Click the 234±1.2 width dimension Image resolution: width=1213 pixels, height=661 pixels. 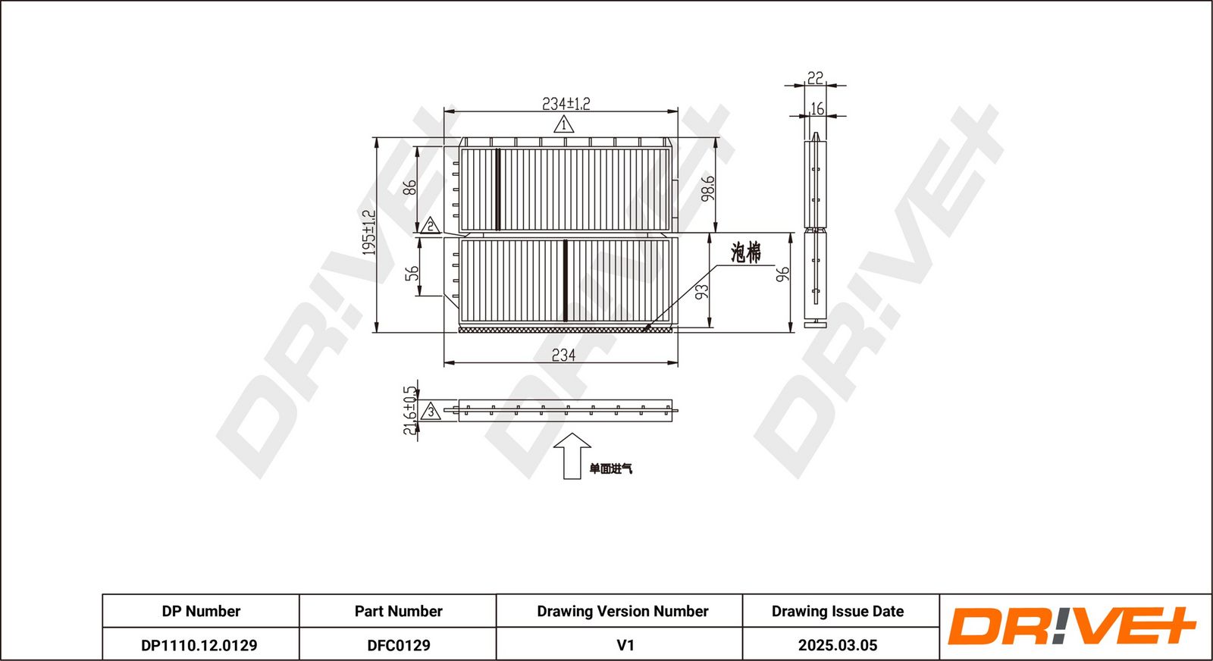point(566,103)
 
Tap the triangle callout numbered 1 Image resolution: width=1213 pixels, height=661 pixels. point(564,125)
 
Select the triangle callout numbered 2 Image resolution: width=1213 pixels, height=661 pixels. point(431,225)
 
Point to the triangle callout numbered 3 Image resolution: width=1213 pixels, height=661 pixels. point(431,412)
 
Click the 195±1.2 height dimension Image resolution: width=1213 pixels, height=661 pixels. point(368,233)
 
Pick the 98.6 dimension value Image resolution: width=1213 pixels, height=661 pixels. point(708,189)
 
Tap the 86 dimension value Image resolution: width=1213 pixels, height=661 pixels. point(410,187)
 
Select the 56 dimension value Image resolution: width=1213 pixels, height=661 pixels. point(412,273)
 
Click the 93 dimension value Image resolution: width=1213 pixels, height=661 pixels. point(701,292)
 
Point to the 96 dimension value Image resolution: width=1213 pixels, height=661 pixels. point(782,274)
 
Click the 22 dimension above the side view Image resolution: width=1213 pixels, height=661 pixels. point(815,78)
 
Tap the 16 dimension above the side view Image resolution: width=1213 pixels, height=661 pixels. point(817,109)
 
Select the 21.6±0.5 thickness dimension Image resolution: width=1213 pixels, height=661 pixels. point(410,410)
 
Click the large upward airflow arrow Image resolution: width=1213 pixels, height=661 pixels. point(572,456)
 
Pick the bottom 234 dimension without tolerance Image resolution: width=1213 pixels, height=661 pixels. point(563,355)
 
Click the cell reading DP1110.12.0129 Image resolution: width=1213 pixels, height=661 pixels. point(199,645)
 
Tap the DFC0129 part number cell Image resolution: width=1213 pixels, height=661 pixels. point(399,645)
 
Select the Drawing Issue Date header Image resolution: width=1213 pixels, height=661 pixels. point(838,611)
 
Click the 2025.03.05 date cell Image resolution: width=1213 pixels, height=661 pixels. point(838,645)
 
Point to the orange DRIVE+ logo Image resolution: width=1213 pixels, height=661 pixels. point(1072,626)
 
